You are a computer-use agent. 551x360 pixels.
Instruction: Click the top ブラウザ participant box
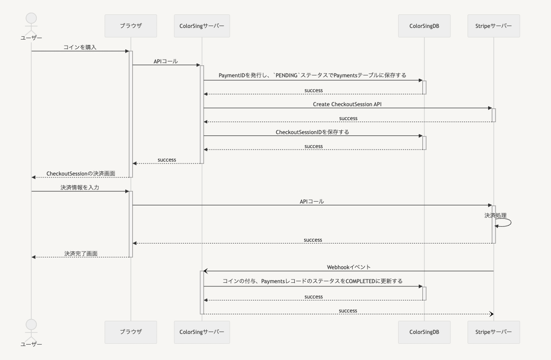tap(131, 26)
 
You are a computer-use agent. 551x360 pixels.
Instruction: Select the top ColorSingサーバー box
tap(202, 26)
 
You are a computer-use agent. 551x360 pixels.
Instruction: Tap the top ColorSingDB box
tap(424, 26)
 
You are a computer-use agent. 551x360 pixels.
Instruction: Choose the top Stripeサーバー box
tap(493, 26)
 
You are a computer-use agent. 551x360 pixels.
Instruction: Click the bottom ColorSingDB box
tap(424, 332)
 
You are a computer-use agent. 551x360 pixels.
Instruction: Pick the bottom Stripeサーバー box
tap(493, 332)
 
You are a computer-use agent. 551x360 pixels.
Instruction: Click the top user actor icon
tap(31, 21)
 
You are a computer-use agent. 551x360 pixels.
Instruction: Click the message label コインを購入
tap(80, 47)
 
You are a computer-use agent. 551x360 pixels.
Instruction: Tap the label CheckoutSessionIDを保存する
tap(313, 132)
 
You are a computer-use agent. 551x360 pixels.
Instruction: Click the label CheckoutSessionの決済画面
tap(81, 174)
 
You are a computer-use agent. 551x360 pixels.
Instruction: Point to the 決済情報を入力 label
tap(80, 188)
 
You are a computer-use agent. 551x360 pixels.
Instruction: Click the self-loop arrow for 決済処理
tap(505, 223)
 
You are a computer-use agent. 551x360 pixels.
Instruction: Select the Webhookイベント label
tap(348, 267)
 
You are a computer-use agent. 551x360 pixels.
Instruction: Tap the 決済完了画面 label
tap(81, 253)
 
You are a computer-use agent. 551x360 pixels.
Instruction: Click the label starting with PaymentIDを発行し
tap(313, 75)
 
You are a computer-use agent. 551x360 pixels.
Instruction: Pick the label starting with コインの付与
tap(313, 281)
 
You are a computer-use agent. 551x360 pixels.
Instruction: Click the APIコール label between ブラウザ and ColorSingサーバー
tap(166, 61)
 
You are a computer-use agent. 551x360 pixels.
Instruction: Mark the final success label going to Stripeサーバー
tap(348, 311)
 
